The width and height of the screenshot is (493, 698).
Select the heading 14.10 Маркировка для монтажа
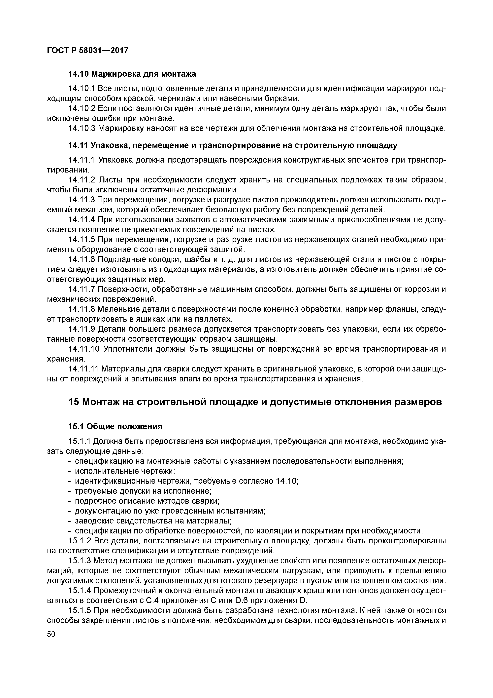[x=132, y=74]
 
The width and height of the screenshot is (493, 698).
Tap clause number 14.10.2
[x=82, y=108]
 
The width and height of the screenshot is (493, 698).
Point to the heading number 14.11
[x=78, y=146]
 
